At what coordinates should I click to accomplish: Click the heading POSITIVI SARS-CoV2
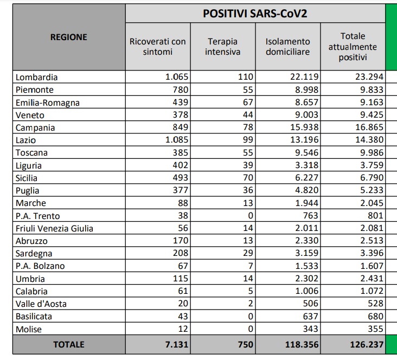[x=255, y=14]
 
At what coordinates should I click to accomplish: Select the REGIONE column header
[x=68, y=37]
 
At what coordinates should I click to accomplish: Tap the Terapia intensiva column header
[x=222, y=47]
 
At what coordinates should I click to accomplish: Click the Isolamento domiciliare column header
[x=288, y=47]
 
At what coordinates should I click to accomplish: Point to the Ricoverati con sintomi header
[x=158, y=47]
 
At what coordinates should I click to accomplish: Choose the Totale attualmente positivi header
[x=353, y=47]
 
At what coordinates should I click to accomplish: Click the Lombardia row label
[x=37, y=77]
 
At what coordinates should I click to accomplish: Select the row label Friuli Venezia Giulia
[x=54, y=228]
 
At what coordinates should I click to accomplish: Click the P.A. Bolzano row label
[x=40, y=266]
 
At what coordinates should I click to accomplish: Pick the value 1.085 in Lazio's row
[x=177, y=140]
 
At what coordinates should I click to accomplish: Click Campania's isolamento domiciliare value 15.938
[x=303, y=127]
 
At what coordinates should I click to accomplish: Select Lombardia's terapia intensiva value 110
[x=246, y=77]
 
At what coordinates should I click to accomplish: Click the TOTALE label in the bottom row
[x=68, y=344]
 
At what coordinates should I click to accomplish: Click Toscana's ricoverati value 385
[x=180, y=153]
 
